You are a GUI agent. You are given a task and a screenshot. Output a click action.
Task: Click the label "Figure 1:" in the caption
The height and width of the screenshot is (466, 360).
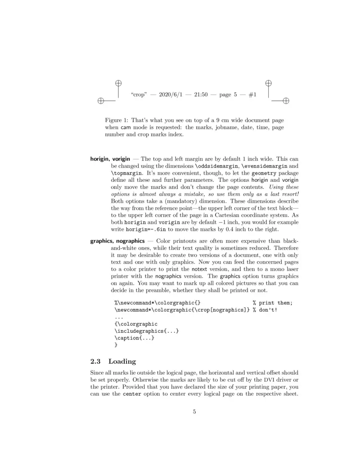point(117,120)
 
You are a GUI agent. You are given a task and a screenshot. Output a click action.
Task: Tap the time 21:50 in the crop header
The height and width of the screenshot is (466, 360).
point(200,95)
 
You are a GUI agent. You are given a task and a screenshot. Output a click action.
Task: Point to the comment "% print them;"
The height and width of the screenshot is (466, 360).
point(272,303)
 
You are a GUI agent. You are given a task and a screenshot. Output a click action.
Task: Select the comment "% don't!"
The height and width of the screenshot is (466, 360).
point(265,310)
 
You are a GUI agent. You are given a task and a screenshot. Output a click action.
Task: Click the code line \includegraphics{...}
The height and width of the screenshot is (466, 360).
point(147,331)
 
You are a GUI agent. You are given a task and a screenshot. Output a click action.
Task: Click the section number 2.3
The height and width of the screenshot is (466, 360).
point(96,361)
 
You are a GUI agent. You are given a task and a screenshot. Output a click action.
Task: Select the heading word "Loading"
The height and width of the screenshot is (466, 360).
point(122,361)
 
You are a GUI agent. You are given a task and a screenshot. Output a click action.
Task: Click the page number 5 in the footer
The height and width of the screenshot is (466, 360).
point(194,412)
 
